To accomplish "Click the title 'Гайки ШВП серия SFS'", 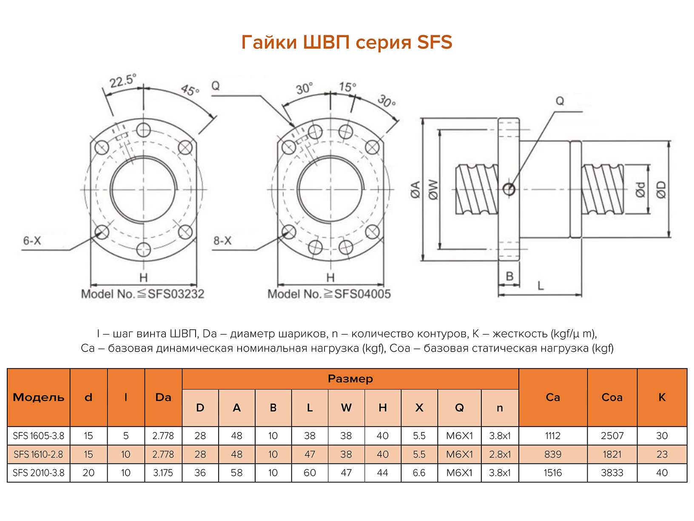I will click(x=347, y=42).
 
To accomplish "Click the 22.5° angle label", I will click(x=122, y=81).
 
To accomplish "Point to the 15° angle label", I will click(x=347, y=87).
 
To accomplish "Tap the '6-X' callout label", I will click(x=32, y=241).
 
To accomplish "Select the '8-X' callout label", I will click(x=222, y=241).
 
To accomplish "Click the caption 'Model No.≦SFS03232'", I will click(x=143, y=294).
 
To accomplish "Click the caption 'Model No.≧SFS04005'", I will click(x=329, y=294).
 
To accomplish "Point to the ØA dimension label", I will click(x=415, y=189).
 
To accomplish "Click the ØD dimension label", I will click(x=661, y=189).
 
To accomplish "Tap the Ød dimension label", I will click(x=640, y=189).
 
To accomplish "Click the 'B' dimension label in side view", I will click(x=509, y=277).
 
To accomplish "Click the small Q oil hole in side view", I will click(x=509, y=189).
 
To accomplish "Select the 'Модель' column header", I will click(x=39, y=398).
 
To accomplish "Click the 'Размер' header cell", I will click(x=350, y=379).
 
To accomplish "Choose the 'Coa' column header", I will click(x=612, y=398).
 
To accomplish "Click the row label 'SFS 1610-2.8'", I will click(x=38, y=455).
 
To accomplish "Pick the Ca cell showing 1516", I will click(x=553, y=473).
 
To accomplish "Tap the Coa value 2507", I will click(x=612, y=436).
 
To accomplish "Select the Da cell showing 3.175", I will click(x=163, y=473).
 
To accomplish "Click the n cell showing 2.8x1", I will click(x=500, y=455).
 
